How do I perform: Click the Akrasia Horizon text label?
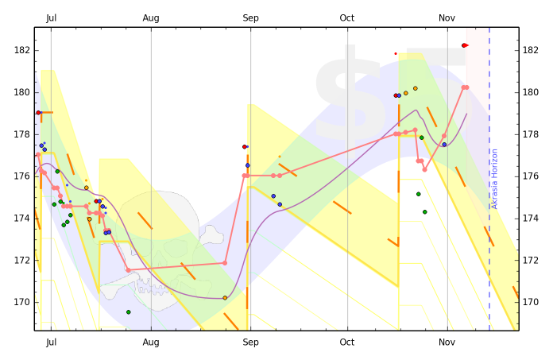click(494, 179)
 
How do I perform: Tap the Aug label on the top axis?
click(151, 17)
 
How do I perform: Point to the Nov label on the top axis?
click(447, 17)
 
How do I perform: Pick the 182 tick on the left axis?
click(21, 50)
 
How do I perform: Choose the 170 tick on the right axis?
click(532, 302)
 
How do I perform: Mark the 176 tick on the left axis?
click(21, 176)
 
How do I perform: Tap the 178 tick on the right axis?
click(532, 134)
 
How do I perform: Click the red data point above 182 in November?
click(464, 45)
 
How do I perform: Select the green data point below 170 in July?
click(128, 312)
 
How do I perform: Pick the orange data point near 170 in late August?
click(225, 298)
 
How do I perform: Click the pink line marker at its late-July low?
click(128, 270)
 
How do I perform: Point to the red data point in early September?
click(245, 147)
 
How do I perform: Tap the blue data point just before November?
click(444, 145)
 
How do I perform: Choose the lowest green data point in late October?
click(425, 212)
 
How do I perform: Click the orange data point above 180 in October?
click(416, 88)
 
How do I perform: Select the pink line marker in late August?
click(225, 262)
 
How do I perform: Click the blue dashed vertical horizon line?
click(489, 238)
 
